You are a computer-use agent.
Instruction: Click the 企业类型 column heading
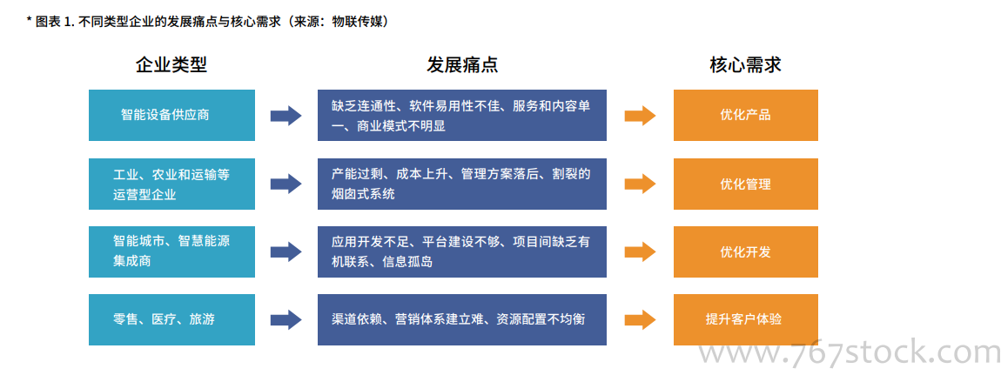[x=171, y=64]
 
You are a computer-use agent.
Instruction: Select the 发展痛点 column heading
[x=462, y=64]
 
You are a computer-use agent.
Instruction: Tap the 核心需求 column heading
[x=746, y=64]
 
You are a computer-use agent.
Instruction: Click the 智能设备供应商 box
[x=171, y=116]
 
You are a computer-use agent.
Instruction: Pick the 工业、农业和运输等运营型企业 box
[x=171, y=184]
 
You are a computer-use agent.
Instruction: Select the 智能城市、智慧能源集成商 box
[x=171, y=251]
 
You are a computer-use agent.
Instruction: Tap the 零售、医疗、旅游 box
[x=171, y=319]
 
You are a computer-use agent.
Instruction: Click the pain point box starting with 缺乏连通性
[x=462, y=116]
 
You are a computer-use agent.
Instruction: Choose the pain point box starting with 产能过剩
[x=462, y=184]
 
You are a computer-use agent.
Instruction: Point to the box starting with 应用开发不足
[x=462, y=251]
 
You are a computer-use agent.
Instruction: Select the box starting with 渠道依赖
[x=462, y=319]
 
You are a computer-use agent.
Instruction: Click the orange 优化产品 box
[x=746, y=116]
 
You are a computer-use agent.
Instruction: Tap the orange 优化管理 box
[x=746, y=184]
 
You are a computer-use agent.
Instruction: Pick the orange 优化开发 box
[x=746, y=251]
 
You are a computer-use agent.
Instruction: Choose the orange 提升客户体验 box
[x=746, y=319]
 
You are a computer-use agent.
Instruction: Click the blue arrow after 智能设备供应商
[x=286, y=116]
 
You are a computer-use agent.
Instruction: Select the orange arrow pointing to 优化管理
[x=640, y=184]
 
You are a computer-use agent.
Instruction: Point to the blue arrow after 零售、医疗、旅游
[x=286, y=319]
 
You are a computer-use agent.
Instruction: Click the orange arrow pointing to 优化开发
[x=640, y=251]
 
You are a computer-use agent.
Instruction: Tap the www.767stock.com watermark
[x=849, y=352]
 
